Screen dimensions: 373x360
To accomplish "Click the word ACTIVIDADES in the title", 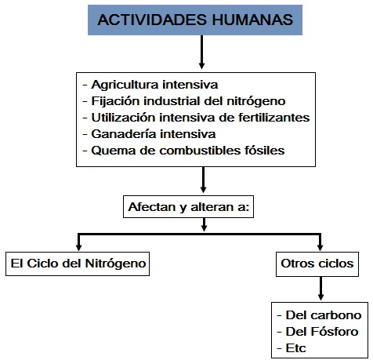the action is [x=152, y=20].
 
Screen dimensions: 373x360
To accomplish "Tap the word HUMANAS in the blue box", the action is [x=252, y=20].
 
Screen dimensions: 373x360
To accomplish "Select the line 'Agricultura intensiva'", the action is [x=150, y=85].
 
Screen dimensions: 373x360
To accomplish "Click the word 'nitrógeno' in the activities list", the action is [x=256, y=101].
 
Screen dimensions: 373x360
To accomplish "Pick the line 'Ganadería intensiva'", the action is [x=149, y=134].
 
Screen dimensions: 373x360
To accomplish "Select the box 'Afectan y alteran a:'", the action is [x=188, y=206].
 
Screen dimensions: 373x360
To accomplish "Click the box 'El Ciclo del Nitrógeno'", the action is [x=78, y=264].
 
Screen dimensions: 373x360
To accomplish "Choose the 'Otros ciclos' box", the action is [x=317, y=264].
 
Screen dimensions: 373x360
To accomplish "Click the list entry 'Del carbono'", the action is [x=319, y=315].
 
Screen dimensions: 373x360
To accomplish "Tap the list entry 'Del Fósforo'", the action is [x=317, y=332].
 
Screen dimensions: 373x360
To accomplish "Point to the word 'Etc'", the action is [x=295, y=348].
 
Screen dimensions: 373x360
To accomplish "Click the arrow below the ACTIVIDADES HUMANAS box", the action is [x=201, y=52].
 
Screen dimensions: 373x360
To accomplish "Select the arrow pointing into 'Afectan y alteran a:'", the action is [x=203, y=180].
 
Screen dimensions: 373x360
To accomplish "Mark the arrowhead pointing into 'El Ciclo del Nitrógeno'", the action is [x=78, y=247].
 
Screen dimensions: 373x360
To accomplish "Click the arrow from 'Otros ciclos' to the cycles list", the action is [x=320, y=288].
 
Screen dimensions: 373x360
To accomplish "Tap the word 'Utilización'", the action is [x=123, y=118].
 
